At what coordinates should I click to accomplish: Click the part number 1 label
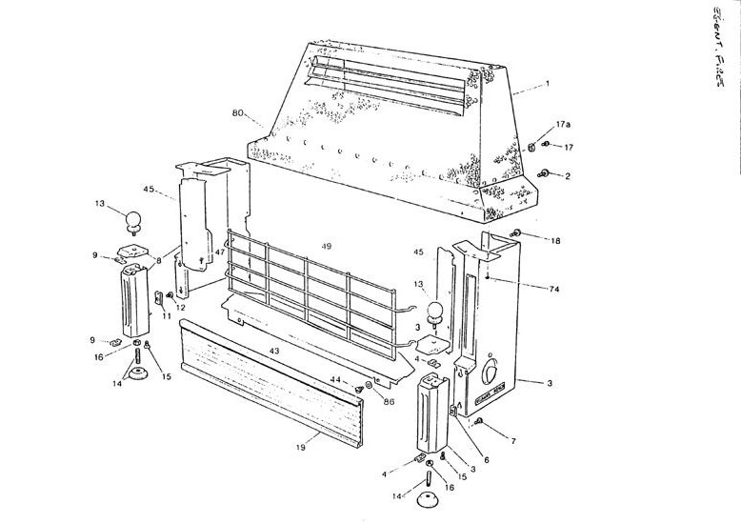point(547,84)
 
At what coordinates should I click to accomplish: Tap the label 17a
point(562,124)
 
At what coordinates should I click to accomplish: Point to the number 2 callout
point(567,176)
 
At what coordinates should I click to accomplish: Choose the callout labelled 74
point(552,288)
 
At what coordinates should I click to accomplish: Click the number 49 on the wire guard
point(327,246)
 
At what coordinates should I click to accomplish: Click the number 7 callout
point(513,442)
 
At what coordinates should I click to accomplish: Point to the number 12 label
point(180,307)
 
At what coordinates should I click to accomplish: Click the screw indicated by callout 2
point(545,172)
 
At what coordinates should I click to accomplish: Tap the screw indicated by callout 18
point(514,233)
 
